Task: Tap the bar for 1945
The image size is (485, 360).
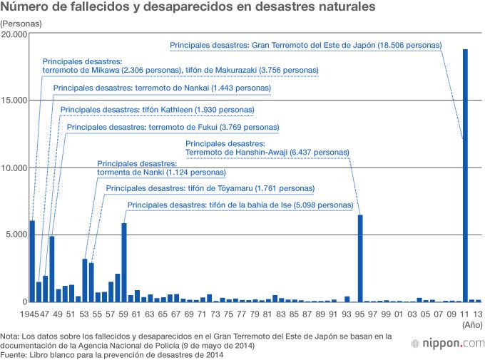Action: [x=32, y=261]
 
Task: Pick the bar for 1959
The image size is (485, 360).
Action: [x=124, y=262]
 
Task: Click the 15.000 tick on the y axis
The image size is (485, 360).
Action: [x=14, y=101]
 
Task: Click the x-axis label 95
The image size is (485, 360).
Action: [x=360, y=314]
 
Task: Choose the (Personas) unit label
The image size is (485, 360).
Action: [x=21, y=24]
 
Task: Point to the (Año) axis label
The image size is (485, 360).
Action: [x=471, y=324]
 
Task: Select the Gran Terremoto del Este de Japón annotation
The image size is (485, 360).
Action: [x=306, y=45]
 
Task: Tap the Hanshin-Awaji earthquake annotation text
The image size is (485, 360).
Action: [x=267, y=148]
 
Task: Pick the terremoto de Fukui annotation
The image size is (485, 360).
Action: [x=173, y=127]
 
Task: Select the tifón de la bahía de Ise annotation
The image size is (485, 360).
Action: [x=240, y=205]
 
